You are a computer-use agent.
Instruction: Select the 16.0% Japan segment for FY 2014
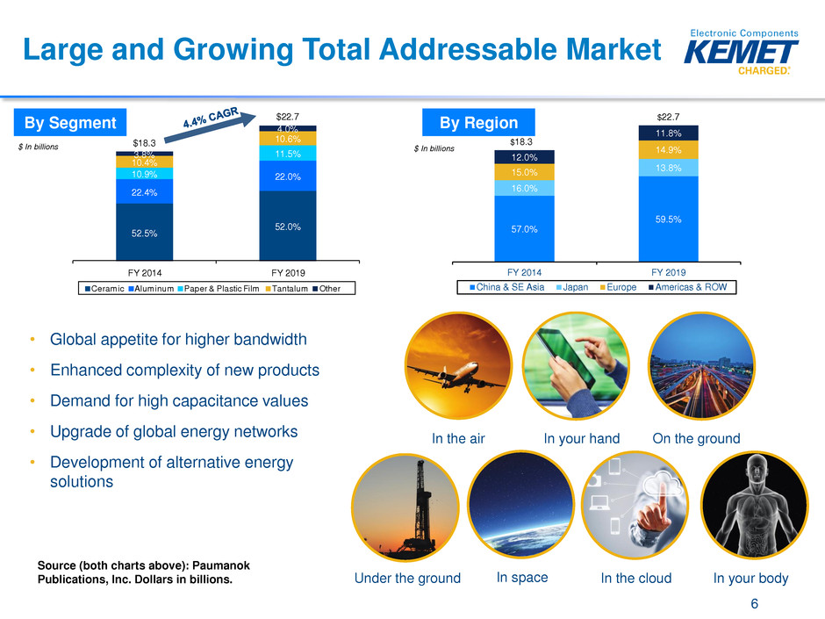coord(524,188)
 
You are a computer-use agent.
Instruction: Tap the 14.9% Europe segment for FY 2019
coord(669,149)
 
